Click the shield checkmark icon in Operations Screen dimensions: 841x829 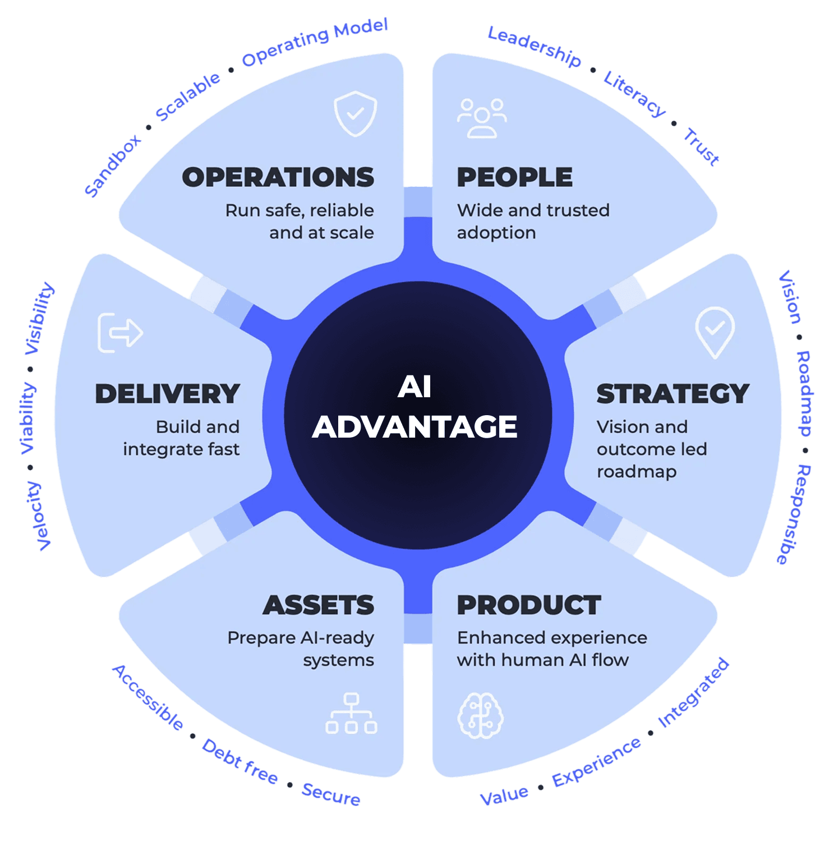click(355, 114)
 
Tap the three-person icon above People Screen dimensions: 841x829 click(482, 118)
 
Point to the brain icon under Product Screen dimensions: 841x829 click(481, 715)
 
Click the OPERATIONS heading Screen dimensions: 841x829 click(278, 177)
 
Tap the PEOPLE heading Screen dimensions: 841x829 click(514, 177)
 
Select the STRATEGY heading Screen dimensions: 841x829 click(673, 394)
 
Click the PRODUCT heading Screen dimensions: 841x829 click(529, 605)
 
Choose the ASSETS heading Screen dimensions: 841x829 click(318, 605)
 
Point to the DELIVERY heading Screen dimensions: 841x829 click(167, 394)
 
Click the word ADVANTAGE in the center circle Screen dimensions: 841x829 click(414, 427)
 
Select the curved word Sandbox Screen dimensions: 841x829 click(113, 166)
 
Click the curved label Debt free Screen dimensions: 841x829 click(240, 761)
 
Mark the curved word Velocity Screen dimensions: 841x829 click(38, 516)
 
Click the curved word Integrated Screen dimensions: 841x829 click(694, 693)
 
